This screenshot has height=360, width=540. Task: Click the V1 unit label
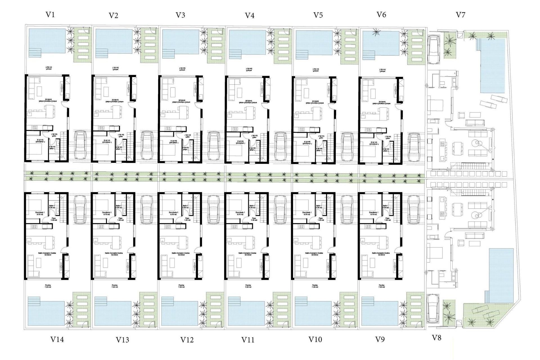50,15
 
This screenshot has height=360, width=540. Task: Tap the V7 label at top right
460,15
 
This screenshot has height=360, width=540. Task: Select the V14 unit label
57,339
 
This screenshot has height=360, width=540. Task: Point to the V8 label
436,338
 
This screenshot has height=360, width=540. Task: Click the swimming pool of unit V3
181,42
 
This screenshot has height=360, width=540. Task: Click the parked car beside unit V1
80,145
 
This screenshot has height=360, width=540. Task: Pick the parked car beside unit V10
347,210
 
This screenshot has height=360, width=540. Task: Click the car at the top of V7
433,49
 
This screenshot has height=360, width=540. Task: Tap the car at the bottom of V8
433,309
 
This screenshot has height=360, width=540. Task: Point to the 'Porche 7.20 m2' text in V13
114,286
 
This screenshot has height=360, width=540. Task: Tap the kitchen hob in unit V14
35,226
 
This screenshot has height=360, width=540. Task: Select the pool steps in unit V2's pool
102,53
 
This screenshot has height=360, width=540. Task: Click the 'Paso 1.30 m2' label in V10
321,219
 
